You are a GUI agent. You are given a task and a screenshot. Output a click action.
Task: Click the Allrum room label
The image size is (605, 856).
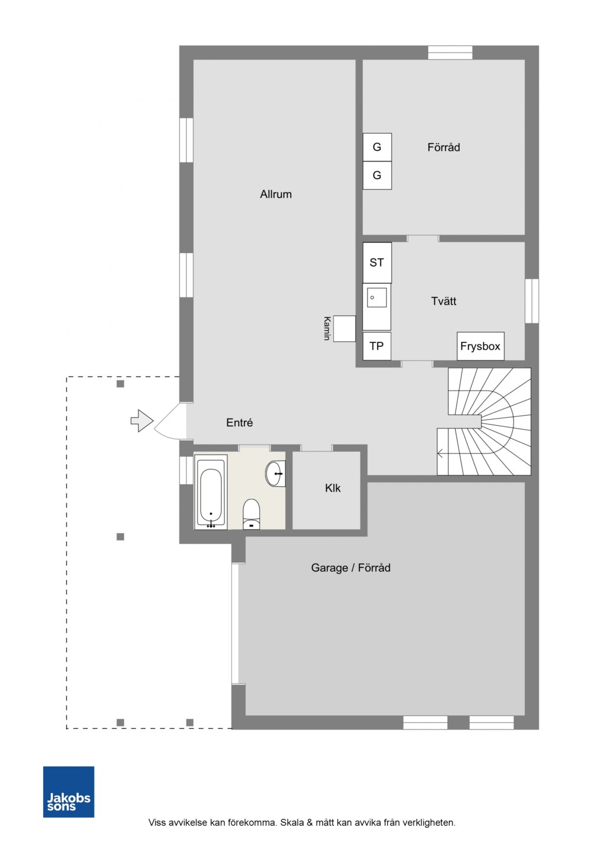click(276, 194)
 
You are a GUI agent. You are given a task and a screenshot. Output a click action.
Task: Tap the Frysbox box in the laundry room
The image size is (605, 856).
click(480, 346)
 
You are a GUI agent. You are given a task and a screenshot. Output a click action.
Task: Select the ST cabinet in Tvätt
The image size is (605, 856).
click(377, 262)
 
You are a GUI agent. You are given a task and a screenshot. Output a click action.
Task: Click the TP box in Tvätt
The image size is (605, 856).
click(376, 346)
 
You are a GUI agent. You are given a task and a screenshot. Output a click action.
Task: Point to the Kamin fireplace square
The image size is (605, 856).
click(344, 329)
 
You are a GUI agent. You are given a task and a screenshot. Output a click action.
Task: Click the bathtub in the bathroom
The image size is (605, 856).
click(211, 492)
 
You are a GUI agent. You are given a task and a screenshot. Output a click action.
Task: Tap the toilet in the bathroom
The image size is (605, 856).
click(252, 514)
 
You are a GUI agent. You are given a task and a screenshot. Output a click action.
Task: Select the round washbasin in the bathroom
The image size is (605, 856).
click(275, 474)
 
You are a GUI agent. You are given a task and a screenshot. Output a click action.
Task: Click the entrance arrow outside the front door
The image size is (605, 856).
click(142, 421)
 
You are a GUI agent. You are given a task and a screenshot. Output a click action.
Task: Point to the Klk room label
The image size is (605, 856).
click(333, 488)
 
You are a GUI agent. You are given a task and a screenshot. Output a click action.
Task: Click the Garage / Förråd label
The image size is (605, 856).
click(350, 568)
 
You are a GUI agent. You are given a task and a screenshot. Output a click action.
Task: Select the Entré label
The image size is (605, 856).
click(239, 423)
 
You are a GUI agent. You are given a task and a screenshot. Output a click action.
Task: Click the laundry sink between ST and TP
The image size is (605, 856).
click(376, 307)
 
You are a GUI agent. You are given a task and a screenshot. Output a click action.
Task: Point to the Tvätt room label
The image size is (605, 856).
click(444, 301)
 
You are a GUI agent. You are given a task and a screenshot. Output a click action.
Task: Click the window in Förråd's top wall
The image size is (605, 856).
click(450, 53)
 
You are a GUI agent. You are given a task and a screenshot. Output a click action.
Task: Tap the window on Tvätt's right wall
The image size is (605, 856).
click(532, 301)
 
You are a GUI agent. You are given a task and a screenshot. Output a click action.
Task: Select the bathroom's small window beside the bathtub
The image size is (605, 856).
click(186, 470)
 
